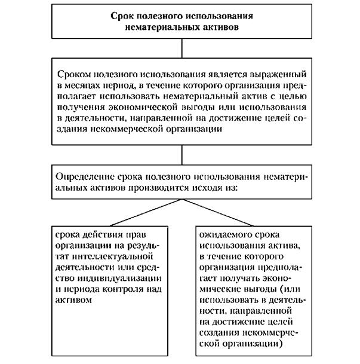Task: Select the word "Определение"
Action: pos(82,176)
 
